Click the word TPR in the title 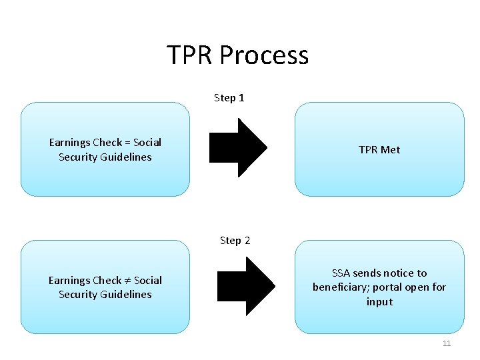tap(189, 55)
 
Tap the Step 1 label tap(229, 98)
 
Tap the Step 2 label tap(235, 241)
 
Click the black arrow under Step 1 tap(239, 148)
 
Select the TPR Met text tap(379, 150)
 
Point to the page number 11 tap(447, 343)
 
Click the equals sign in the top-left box tap(127, 143)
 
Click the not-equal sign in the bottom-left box tap(127, 281)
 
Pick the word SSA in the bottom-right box tap(341, 273)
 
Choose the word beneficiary tap(342, 287)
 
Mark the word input tap(379, 302)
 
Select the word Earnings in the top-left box tap(69, 143)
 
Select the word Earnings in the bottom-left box tap(69, 281)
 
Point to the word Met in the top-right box tap(390, 150)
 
